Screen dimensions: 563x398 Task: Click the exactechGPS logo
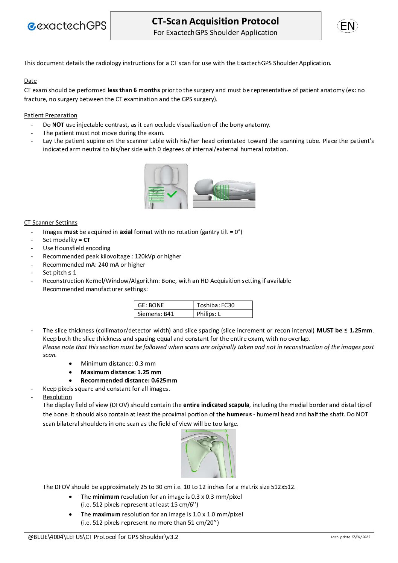click(67, 26)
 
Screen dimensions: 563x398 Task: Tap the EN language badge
click(347, 26)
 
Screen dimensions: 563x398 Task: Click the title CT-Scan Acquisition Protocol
click(215, 21)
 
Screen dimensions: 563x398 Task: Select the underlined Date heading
click(30, 81)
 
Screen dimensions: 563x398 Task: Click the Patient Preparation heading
click(50, 115)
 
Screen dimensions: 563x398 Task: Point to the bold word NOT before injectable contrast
click(58, 125)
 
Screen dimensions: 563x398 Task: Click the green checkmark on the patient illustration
click(172, 194)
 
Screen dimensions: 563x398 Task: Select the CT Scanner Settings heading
click(51, 223)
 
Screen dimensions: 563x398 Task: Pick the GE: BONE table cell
click(164, 305)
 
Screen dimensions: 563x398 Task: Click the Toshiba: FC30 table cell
click(222, 305)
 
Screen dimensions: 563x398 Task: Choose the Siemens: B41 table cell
click(164, 314)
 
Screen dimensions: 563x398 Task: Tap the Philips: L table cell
click(222, 314)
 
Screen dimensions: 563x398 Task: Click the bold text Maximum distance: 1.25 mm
click(121, 372)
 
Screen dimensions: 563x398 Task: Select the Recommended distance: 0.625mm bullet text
click(129, 381)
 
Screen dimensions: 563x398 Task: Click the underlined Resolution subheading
click(57, 397)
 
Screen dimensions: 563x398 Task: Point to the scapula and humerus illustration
click(208, 454)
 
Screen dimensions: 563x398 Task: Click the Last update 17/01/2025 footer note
click(350, 537)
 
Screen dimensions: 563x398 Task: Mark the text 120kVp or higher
click(158, 256)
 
